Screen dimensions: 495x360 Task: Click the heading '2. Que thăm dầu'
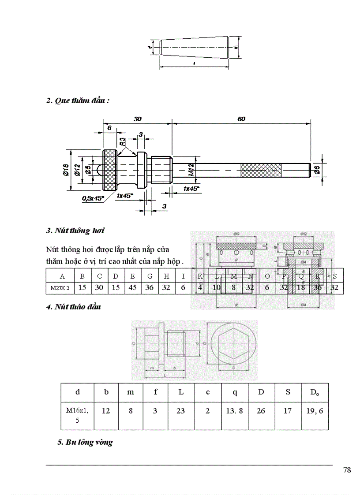pyautogui.click(x=78, y=100)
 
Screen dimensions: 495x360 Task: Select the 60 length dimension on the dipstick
pyautogui.click(x=241, y=119)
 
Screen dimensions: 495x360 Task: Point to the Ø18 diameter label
pyautogui.click(x=65, y=170)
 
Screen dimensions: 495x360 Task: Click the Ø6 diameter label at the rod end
pyautogui.click(x=317, y=170)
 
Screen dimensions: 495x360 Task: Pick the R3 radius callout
pyautogui.click(x=122, y=141)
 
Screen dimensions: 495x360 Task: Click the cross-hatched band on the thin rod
pyautogui.click(x=261, y=170)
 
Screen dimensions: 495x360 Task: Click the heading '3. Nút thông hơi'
pyautogui.click(x=75, y=231)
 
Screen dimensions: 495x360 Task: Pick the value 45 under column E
pyautogui.click(x=132, y=289)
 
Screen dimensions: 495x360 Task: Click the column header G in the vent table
pyautogui.click(x=150, y=276)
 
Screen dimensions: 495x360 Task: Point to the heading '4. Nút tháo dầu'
pyautogui.click(x=74, y=307)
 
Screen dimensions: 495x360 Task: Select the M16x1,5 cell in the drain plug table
pyautogui.click(x=77, y=415)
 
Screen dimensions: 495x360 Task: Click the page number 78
pyautogui.click(x=347, y=470)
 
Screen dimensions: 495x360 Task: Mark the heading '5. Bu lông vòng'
pyautogui.click(x=85, y=443)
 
